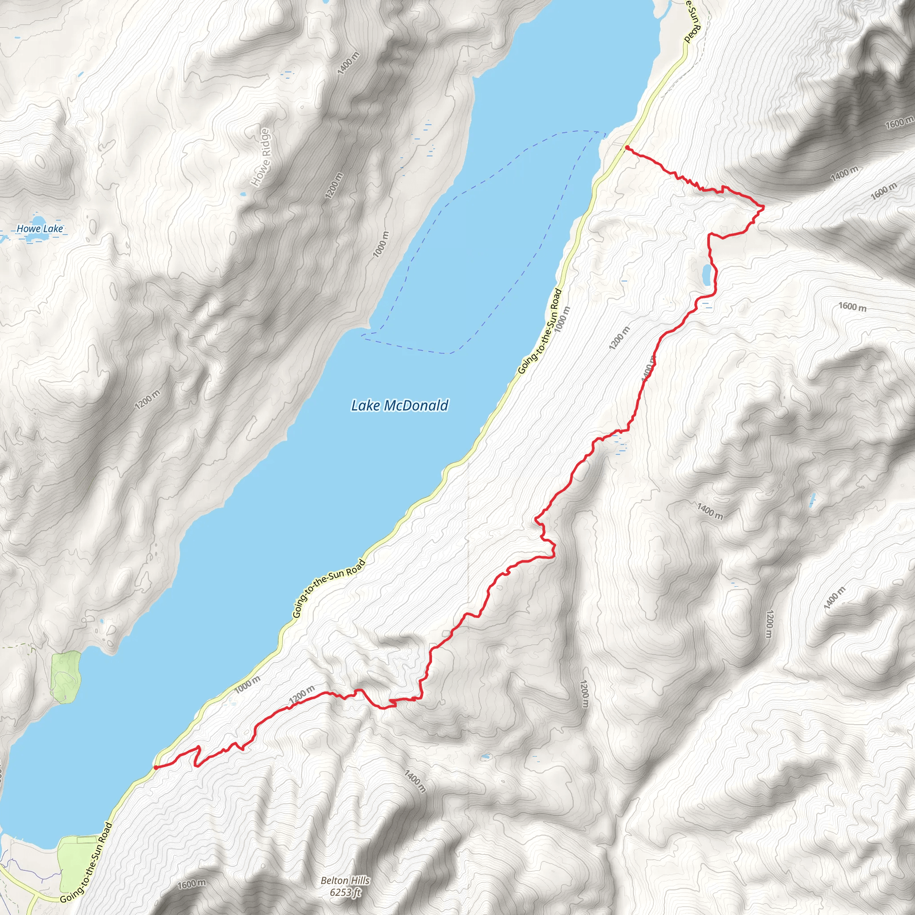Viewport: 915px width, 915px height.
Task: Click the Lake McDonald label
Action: tap(399, 405)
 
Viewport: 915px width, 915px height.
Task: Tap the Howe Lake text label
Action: tap(40, 229)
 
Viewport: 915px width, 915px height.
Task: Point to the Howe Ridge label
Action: tap(261, 157)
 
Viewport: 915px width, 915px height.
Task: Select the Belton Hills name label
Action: tap(345, 881)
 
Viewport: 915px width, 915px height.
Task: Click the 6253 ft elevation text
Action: tap(345, 892)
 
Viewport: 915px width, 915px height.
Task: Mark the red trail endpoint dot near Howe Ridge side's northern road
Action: tap(626, 148)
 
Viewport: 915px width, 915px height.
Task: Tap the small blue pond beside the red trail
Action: tap(706, 275)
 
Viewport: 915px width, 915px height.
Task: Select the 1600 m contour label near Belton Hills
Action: tap(192, 884)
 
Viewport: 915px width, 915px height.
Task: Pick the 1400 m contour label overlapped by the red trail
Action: tap(648, 369)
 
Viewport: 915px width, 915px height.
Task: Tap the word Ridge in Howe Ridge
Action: tap(264, 143)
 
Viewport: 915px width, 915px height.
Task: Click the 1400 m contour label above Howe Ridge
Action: tap(348, 63)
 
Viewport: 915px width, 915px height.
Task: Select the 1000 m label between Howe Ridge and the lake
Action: tap(381, 244)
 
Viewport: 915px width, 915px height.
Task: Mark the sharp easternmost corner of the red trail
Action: tap(764, 207)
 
